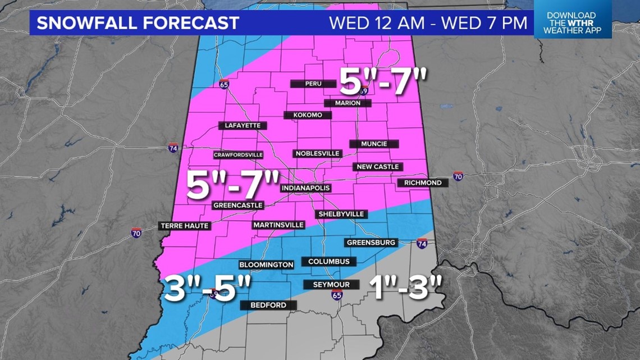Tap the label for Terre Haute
(x=185, y=226)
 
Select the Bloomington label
(x=266, y=264)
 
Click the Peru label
(x=313, y=84)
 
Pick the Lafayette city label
(x=243, y=125)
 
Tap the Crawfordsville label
(x=238, y=154)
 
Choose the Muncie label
(x=374, y=144)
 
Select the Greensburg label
(x=371, y=243)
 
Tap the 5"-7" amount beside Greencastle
(x=232, y=186)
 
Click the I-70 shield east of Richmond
(x=458, y=176)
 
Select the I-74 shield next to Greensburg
(x=422, y=244)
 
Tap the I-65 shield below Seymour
(x=336, y=295)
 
